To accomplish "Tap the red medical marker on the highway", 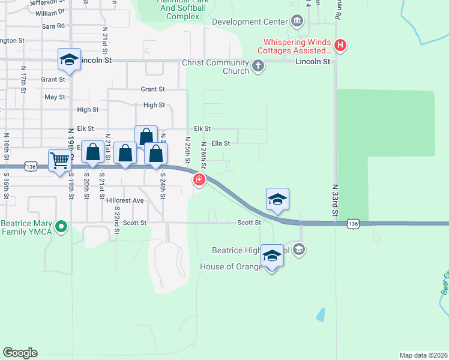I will coord(199,179).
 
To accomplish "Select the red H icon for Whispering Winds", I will coord(340,44).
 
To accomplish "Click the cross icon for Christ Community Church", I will coord(258,65).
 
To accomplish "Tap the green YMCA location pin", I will coord(61,227).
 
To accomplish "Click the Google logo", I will coord(20,352).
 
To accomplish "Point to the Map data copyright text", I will coord(423,355).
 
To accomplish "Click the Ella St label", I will coord(220,143).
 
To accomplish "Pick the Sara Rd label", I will coord(53,26).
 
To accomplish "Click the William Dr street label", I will coord(50,13).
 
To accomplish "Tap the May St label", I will coord(55,97).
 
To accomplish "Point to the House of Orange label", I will coord(231,266).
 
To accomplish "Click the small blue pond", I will coord(321,314).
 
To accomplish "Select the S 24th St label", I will coord(163,186).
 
